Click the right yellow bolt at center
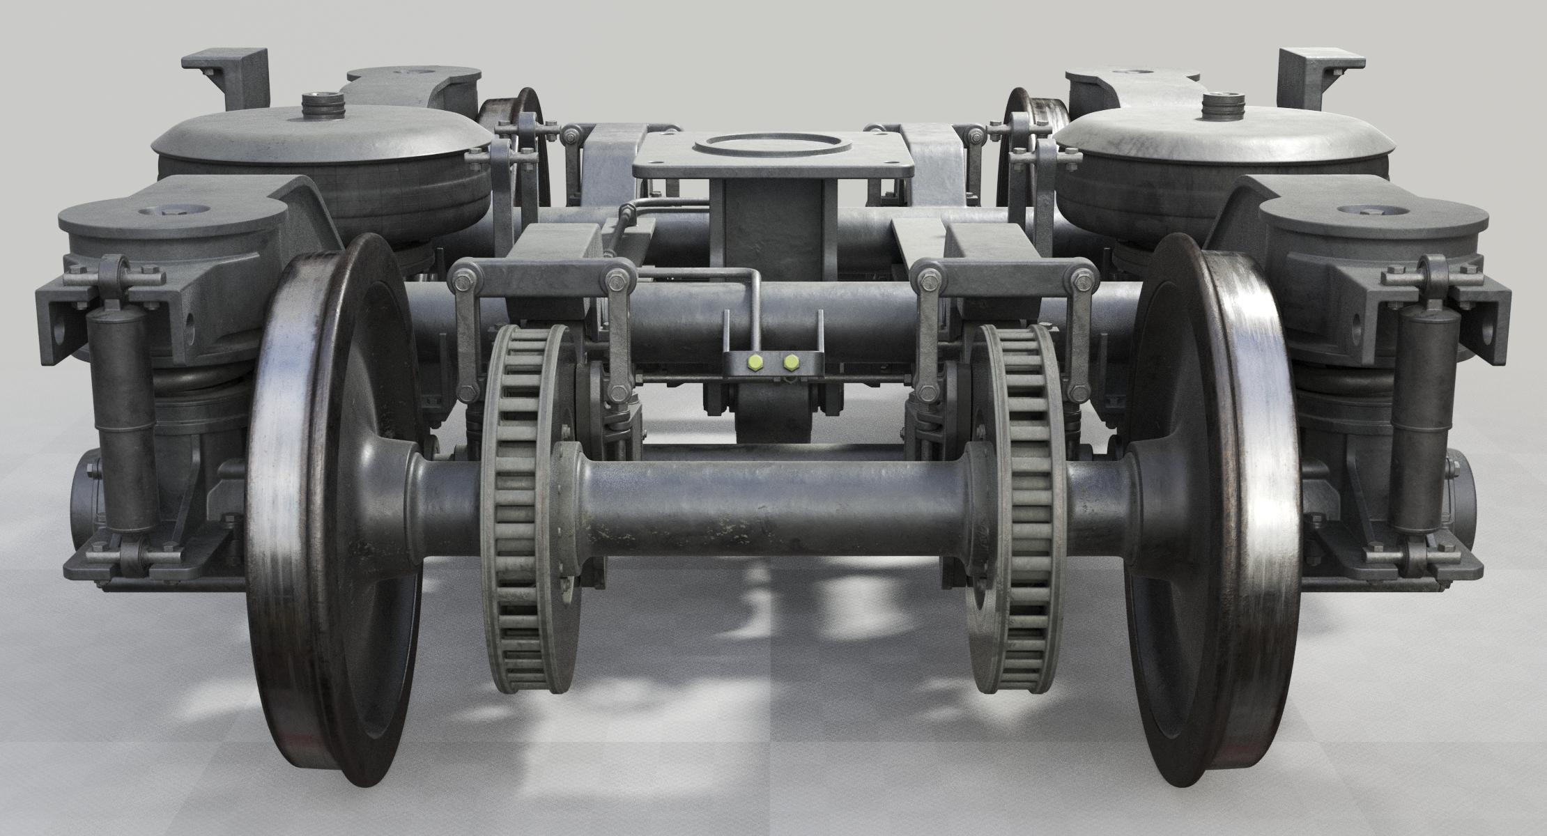point(791,362)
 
